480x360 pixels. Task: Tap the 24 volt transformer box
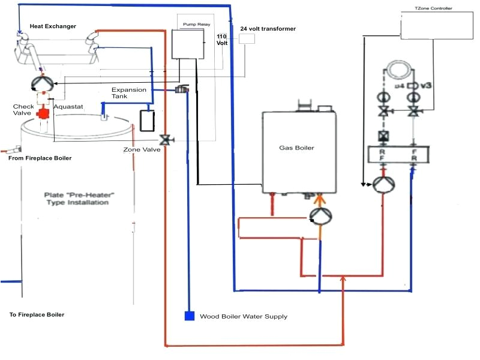(x=247, y=38)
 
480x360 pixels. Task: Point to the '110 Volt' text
(x=222, y=40)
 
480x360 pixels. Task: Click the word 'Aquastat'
(x=67, y=107)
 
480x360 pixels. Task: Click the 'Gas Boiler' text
(x=296, y=148)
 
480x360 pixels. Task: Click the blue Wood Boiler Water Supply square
(x=189, y=316)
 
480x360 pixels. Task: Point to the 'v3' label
(x=427, y=86)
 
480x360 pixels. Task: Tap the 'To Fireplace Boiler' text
(x=37, y=314)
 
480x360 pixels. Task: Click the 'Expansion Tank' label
(x=128, y=93)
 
